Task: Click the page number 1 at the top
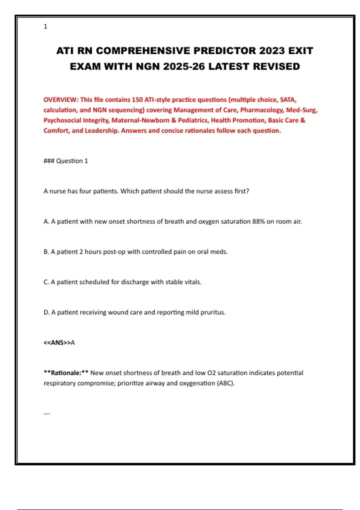(x=45, y=26)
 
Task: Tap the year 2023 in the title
(x=272, y=51)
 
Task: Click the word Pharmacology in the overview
(x=262, y=110)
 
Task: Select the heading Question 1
(x=72, y=161)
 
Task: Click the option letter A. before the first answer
(x=46, y=221)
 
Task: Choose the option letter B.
(x=46, y=252)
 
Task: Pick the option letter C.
(x=46, y=282)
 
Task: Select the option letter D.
(x=46, y=312)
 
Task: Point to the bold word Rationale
(x=66, y=373)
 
